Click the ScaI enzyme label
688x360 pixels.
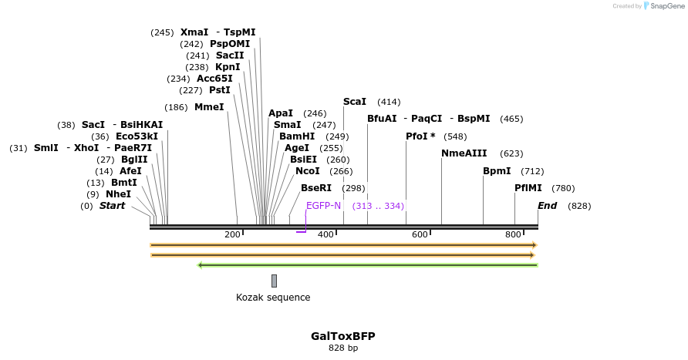tap(355, 102)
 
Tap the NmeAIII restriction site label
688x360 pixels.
tap(464, 153)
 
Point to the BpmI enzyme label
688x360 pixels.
tap(497, 171)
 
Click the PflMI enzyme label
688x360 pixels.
tap(528, 188)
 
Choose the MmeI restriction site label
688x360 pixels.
tap(209, 107)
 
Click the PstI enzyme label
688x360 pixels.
tap(221, 90)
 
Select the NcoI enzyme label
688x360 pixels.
tap(307, 171)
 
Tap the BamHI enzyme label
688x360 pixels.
tap(297, 136)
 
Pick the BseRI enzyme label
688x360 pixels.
tap(316, 188)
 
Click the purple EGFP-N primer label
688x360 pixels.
tap(323, 206)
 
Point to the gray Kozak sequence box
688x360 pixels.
tap(274, 281)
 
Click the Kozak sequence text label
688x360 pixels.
tap(273, 298)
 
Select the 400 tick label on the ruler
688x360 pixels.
tap(325, 234)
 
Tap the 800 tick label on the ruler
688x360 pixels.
tap(513, 234)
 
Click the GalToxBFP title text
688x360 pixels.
tap(343, 336)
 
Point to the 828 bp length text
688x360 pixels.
tap(343, 348)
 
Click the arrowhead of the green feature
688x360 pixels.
tap(201, 265)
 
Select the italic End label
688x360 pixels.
tap(547, 206)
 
